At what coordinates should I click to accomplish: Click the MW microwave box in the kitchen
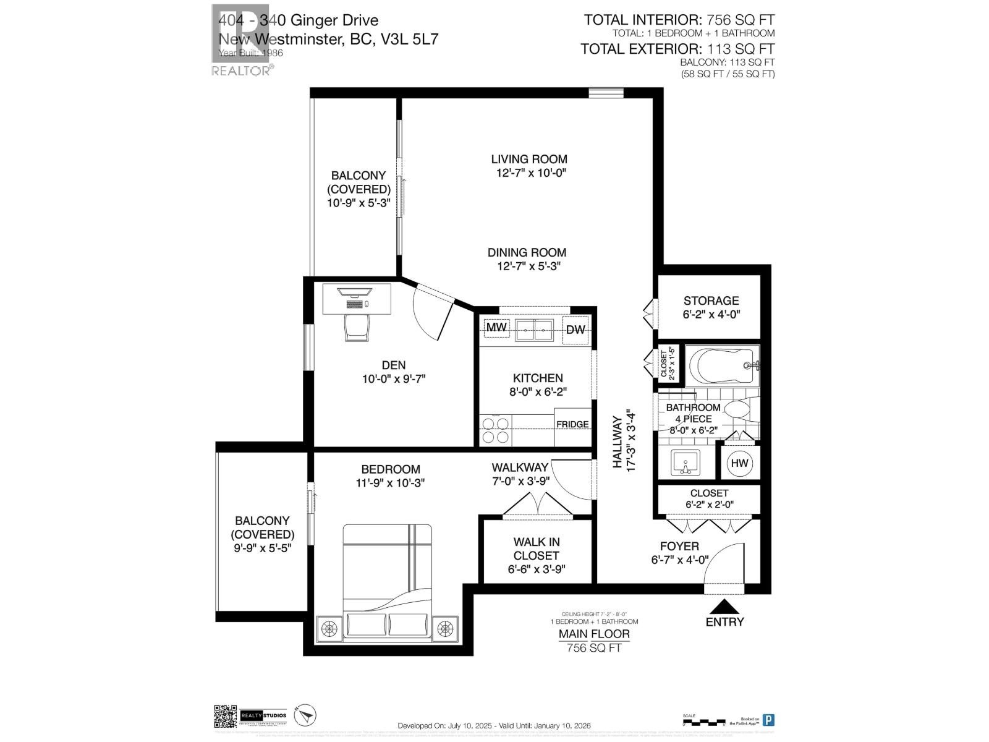[496, 328]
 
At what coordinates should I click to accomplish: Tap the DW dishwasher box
[575, 330]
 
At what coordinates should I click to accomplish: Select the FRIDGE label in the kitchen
[572, 424]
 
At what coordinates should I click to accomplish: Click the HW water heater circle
[739, 463]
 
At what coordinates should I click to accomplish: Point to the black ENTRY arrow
[724, 607]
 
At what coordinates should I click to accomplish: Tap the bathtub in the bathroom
[720, 366]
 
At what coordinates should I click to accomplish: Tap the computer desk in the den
[357, 296]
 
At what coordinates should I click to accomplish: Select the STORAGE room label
[711, 301]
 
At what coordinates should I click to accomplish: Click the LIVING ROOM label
[529, 159]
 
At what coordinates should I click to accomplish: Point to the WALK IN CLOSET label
[536, 549]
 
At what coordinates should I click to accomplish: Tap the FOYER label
[679, 546]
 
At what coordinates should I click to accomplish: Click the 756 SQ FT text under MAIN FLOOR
[594, 647]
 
